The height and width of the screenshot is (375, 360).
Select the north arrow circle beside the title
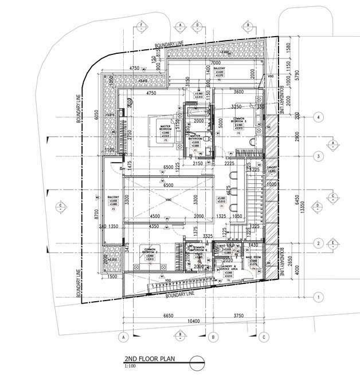coord(196,362)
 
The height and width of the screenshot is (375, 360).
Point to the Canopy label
coord(272,168)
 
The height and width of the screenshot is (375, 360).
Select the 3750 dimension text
coord(237,315)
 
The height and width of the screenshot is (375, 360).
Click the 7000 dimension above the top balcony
coord(216,62)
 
